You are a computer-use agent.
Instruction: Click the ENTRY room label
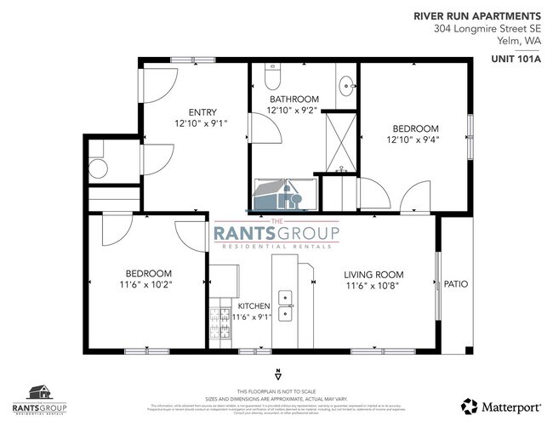(202, 111)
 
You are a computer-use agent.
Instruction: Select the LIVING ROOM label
(373, 275)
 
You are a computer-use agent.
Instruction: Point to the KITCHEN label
(254, 305)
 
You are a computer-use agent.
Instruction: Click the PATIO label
(456, 284)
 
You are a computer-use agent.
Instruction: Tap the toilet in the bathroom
(271, 78)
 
